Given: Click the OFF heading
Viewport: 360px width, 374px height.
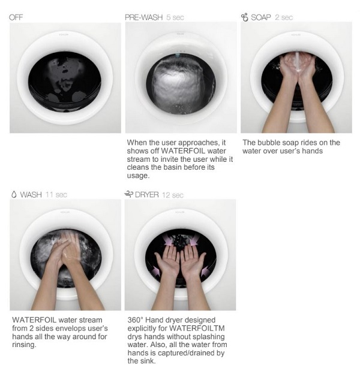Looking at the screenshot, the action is [16, 17].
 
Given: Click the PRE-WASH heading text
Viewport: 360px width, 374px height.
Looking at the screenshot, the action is [144, 17].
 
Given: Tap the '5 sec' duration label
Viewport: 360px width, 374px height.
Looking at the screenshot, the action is [175, 17].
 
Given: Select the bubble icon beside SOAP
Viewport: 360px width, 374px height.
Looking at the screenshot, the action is [245, 17].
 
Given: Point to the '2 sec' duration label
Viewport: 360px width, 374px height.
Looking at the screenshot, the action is [284, 17].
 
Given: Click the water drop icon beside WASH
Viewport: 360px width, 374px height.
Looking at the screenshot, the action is [14, 194].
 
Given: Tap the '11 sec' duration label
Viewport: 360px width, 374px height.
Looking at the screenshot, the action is [56, 195].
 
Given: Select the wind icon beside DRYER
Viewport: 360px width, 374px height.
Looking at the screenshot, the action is [128, 194].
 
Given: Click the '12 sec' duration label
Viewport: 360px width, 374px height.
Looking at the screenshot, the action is [173, 195].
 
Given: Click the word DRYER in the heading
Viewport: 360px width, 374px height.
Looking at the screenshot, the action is [147, 195].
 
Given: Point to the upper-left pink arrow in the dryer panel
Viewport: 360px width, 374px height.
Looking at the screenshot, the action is [168, 240].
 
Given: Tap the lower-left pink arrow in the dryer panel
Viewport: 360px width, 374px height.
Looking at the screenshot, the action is [156, 271].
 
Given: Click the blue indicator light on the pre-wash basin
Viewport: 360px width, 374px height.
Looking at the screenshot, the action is [178, 55].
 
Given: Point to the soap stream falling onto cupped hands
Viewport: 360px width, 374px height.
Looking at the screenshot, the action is [298, 62].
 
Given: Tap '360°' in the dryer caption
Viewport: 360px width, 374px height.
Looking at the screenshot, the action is [136, 320].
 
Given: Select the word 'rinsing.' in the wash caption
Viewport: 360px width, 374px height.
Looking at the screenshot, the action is [24, 345].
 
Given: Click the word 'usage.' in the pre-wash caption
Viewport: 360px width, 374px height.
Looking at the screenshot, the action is [138, 176].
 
